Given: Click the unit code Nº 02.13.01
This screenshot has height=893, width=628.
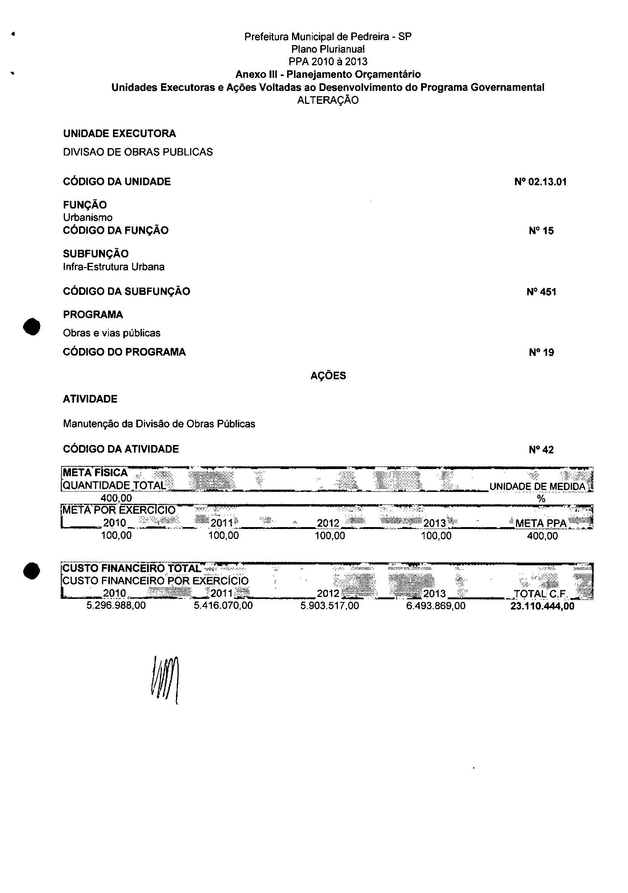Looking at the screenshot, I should click(x=540, y=182).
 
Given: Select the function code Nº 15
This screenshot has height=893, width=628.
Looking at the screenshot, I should click(x=541, y=231).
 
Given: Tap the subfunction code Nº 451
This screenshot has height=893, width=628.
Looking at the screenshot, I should click(x=541, y=292).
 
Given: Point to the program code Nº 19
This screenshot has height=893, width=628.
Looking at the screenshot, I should click(x=541, y=353).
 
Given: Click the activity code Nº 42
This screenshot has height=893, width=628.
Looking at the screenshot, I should click(x=541, y=450).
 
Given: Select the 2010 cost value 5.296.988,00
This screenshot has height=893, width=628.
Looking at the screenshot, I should click(x=116, y=605).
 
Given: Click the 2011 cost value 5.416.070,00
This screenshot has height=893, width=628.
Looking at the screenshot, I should click(x=223, y=605).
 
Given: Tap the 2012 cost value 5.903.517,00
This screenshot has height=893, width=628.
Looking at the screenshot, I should click(x=329, y=605).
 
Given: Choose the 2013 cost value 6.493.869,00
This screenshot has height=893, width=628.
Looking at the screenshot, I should click(x=436, y=605).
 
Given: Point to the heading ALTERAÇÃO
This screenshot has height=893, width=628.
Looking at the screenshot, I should click(x=328, y=100).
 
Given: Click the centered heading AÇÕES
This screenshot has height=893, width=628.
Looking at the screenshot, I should click(x=328, y=376).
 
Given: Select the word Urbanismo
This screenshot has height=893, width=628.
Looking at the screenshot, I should click(x=87, y=217).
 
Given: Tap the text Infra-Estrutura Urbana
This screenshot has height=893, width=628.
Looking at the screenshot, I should click(x=113, y=267).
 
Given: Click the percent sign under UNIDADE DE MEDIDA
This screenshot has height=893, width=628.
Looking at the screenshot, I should click(x=541, y=498).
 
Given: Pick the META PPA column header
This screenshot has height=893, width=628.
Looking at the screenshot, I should click(x=541, y=523).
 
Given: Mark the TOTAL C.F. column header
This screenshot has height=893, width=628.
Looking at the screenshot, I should click(x=541, y=594).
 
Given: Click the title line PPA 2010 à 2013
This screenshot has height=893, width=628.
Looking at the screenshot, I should click(x=328, y=61).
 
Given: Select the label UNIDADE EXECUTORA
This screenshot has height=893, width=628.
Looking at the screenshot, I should click(x=119, y=133).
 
